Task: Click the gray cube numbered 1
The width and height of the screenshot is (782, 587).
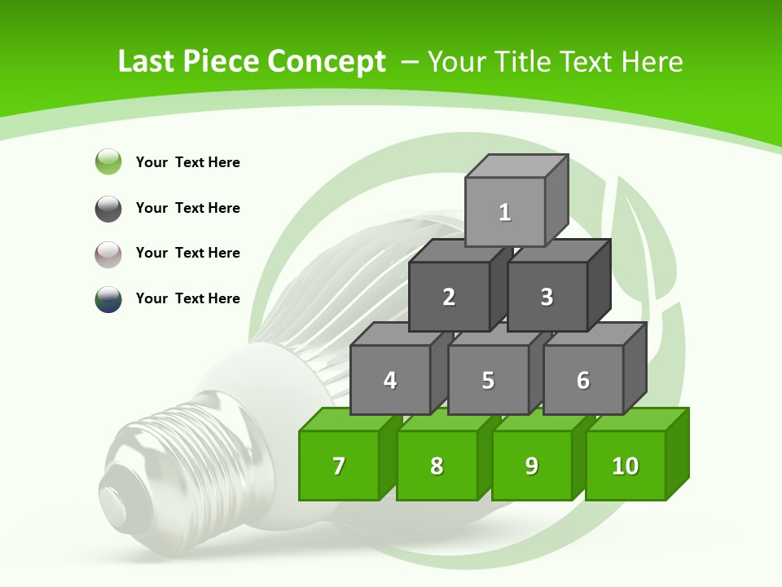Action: [x=505, y=212]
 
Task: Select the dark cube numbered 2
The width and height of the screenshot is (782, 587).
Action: [x=449, y=297]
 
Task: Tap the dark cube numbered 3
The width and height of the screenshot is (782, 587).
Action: [x=547, y=297]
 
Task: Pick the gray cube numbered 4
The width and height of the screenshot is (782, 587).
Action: [x=390, y=380]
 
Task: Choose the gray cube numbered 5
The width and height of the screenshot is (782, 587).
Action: [x=488, y=380]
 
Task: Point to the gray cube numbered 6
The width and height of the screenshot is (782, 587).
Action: [x=583, y=380]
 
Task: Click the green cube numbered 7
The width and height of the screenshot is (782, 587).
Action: [x=339, y=466]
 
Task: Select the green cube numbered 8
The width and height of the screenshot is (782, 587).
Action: [x=437, y=466]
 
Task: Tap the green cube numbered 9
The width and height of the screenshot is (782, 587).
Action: [x=531, y=466]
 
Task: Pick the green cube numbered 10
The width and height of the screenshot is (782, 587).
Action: [x=626, y=466]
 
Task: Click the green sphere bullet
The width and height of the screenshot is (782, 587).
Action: [x=108, y=161]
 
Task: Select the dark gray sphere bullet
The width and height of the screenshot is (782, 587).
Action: [x=108, y=208]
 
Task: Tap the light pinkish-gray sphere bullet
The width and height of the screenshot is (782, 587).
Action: [x=108, y=254]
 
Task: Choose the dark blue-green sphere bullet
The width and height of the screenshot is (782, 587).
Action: [x=108, y=299]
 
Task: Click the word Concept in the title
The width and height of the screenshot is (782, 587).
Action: [x=327, y=62]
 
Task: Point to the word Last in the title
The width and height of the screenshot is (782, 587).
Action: [x=147, y=62]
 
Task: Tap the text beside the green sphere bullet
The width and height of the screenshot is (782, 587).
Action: [x=188, y=162]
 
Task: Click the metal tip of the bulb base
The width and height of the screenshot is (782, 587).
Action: [x=116, y=497]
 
